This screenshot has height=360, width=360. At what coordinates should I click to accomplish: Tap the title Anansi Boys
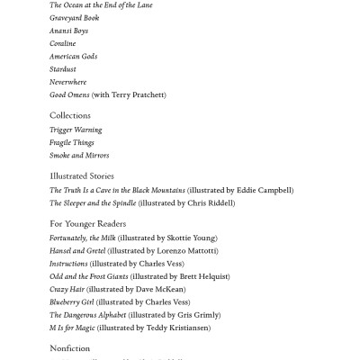click(68, 31)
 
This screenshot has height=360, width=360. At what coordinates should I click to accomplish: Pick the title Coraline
click(62, 43)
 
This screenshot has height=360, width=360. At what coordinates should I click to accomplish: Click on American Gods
click(73, 56)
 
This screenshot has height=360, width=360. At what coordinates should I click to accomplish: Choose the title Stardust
click(63, 68)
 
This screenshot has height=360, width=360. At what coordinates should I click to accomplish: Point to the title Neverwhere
click(68, 82)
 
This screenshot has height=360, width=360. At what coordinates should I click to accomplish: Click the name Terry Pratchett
click(140, 94)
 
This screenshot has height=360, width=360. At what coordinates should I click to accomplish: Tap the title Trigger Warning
click(76, 130)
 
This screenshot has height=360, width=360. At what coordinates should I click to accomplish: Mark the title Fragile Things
click(72, 142)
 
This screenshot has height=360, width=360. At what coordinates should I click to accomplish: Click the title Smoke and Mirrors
click(79, 155)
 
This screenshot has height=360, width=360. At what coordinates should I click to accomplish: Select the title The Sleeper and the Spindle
click(93, 202)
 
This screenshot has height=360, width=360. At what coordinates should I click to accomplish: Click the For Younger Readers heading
click(87, 224)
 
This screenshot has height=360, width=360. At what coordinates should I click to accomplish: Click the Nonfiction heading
click(69, 348)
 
